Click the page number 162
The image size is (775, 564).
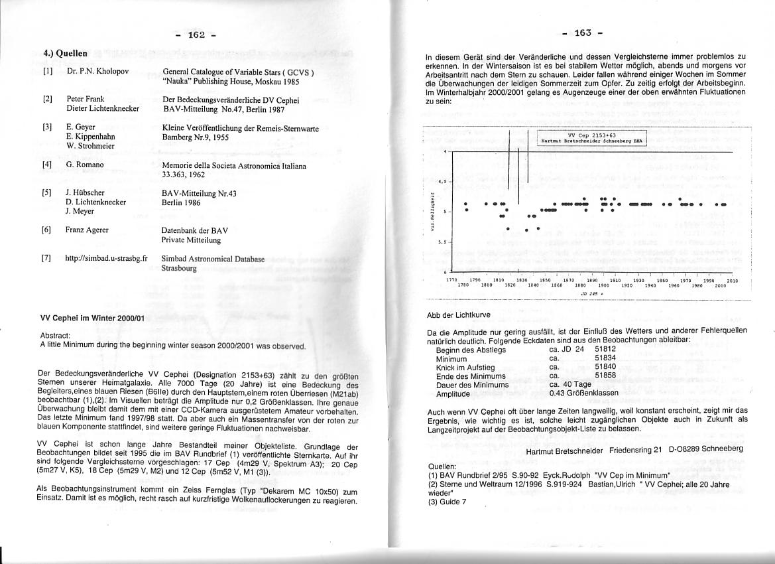pos(196,35)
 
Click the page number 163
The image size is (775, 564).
pos(581,33)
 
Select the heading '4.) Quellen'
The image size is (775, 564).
pos(66,52)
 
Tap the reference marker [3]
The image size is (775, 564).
pos(47,126)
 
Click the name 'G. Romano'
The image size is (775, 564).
pos(85,165)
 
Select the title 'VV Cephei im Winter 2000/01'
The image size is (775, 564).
pos(93,318)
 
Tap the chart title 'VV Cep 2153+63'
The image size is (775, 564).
pos(591,135)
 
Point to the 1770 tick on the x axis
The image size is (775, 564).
pos(451,280)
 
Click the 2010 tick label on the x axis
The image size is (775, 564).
pos(732,280)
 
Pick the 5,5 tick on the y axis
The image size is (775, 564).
pos(443,242)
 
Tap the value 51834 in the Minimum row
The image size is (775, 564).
pos(605,358)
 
